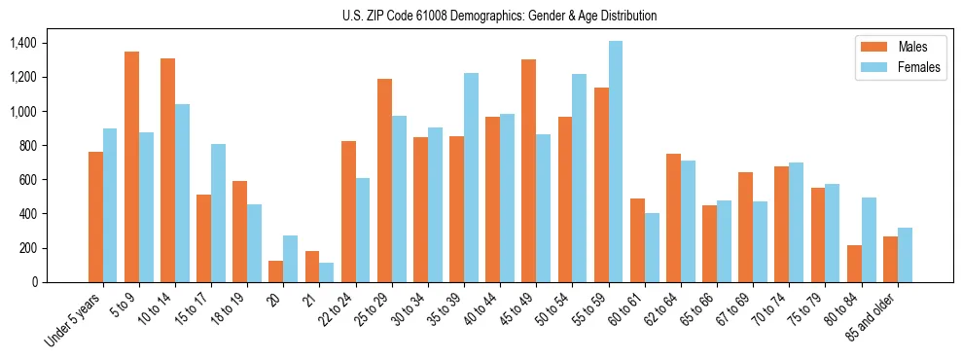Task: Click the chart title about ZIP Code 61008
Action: pyautogui.click(x=500, y=16)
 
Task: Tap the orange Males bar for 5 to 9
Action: pyautogui.click(x=131, y=166)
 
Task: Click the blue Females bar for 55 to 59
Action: pyautogui.click(x=615, y=162)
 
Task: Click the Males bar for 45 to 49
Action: pyautogui.click(x=528, y=170)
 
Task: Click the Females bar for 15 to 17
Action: pyautogui.click(x=218, y=213)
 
